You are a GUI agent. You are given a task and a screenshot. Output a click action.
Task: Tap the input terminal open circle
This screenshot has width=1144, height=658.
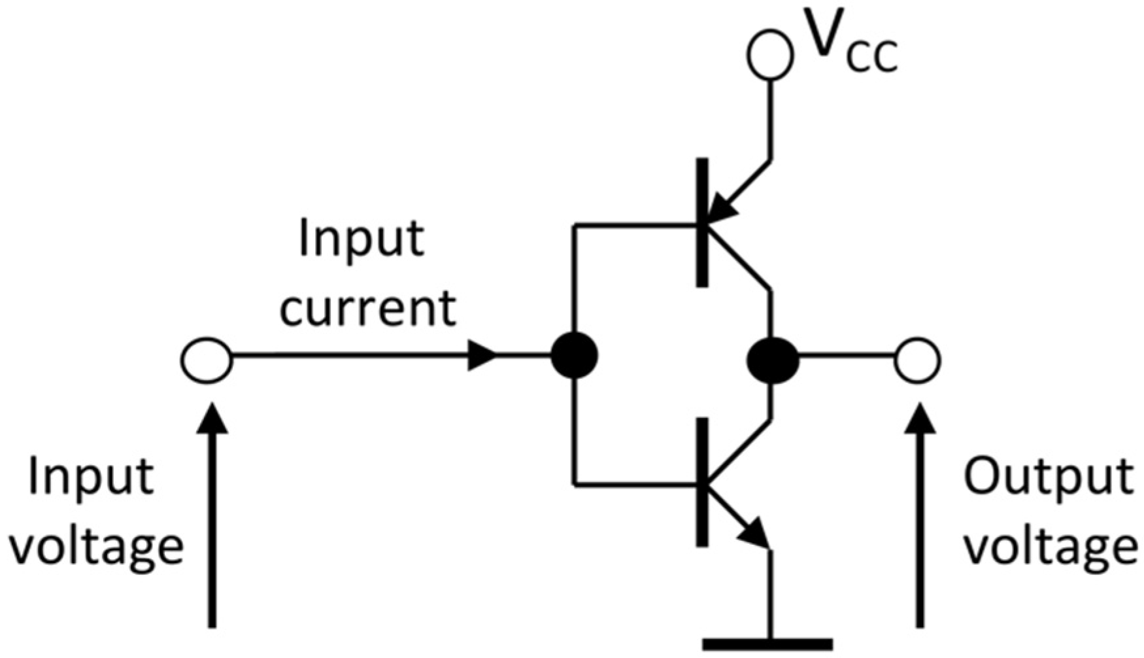click(207, 360)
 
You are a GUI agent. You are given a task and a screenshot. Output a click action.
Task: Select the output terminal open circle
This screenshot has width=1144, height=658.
click(917, 360)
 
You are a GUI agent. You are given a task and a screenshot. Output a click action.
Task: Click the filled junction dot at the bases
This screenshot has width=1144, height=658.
click(574, 356)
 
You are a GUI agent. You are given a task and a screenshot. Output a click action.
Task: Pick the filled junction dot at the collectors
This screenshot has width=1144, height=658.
click(772, 360)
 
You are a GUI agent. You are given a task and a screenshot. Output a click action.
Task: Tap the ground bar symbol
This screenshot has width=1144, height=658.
click(768, 644)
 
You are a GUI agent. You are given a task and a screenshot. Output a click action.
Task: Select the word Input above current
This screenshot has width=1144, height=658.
click(361, 239)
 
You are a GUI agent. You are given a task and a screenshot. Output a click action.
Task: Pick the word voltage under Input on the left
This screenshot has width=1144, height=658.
click(96, 548)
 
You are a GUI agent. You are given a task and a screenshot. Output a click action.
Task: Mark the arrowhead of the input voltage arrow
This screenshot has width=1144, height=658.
click(212, 419)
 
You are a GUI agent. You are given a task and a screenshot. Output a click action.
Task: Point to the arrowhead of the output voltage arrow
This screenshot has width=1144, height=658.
click(920, 419)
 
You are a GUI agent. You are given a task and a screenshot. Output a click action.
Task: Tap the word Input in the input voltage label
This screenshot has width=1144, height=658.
click(92, 477)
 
